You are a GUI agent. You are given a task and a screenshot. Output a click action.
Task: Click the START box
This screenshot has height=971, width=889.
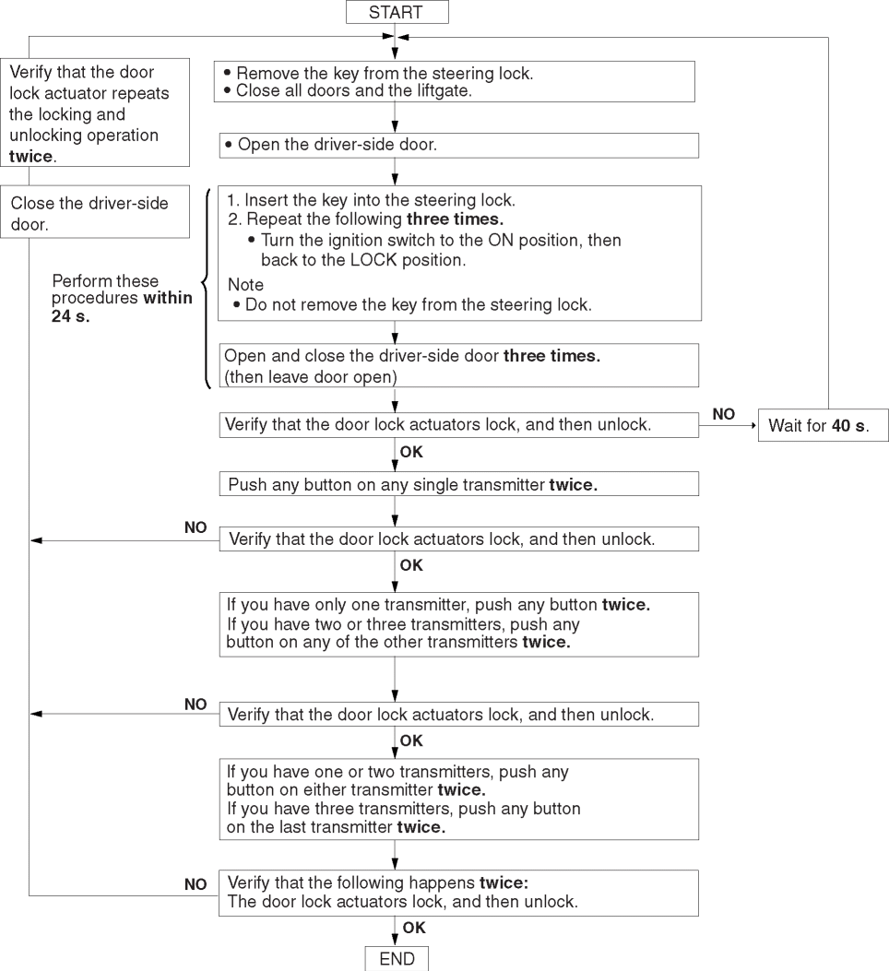tap(396, 12)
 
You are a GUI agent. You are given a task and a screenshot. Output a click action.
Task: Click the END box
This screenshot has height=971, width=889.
tap(397, 959)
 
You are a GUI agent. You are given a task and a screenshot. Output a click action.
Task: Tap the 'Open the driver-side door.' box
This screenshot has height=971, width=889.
tap(458, 145)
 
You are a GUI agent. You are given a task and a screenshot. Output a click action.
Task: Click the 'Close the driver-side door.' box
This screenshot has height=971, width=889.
tap(99, 213)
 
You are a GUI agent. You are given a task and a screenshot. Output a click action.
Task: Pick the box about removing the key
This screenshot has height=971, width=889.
tap(453, 81)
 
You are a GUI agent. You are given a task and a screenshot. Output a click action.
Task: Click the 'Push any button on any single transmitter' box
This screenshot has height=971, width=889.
tap(458, 484)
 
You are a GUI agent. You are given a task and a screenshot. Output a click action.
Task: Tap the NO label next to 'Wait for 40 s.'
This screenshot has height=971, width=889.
tap(724, 416)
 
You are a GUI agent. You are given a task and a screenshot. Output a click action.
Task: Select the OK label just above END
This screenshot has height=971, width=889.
tap(414, 929)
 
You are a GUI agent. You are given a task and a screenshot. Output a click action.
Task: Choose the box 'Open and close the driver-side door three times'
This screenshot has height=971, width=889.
tap(458, 365)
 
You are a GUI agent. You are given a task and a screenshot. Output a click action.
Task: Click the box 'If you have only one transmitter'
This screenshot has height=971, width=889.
tap(458, 623)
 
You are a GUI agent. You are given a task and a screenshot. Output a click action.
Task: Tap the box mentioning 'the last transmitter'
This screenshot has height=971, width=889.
tap(458, 799)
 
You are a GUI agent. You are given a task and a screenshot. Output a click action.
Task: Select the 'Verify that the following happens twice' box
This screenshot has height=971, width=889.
tap(458, 892)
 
